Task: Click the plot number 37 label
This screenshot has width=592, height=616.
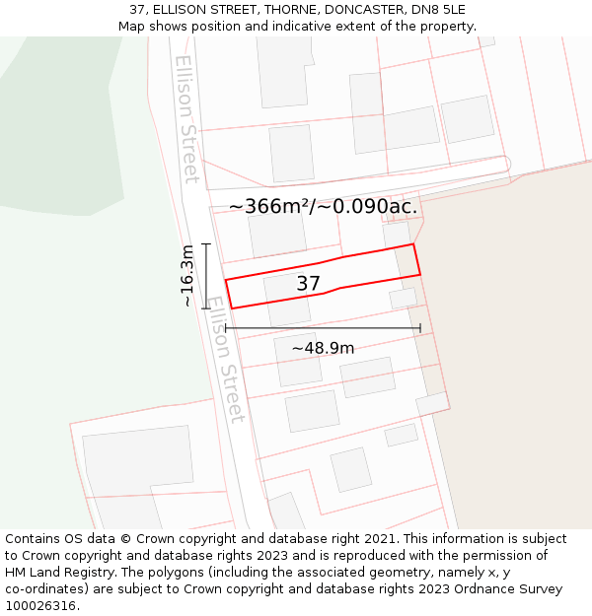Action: tap(308, 284)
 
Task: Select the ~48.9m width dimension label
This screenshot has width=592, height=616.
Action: tap(323, 348)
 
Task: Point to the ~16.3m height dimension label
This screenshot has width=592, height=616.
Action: tap(187, 276)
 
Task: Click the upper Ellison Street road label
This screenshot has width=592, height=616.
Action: tap(186, 118)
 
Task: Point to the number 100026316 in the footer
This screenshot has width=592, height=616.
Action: tap(41, 606)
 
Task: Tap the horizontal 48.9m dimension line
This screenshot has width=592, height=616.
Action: tap(323, 328)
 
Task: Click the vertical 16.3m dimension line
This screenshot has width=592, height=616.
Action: tap(206, 276)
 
